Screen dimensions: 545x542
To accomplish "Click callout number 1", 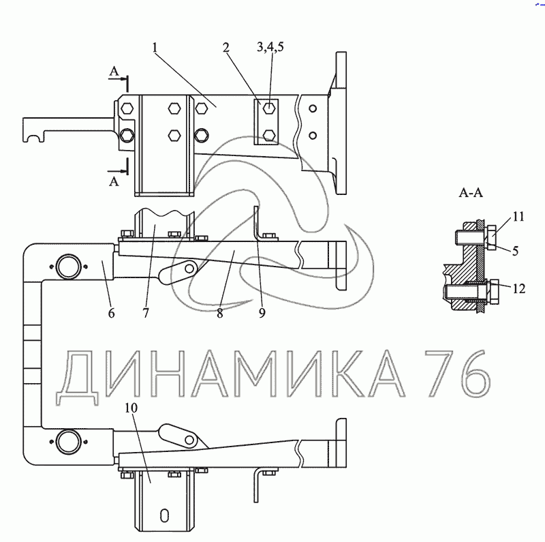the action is click(155, 47).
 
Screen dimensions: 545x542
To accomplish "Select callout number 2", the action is click(226, 47).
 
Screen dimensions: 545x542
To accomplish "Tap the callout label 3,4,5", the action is click(270, 46).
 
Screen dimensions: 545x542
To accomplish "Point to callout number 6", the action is click(111, 313).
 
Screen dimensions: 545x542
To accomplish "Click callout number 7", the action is click(146, 313).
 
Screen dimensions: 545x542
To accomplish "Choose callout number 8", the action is click(219, 314).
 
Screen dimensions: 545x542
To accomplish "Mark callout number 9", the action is click(262, 313).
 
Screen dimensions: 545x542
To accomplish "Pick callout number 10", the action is click(131, 408).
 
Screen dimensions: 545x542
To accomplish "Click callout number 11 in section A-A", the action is click(518, 217).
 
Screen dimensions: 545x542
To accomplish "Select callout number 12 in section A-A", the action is click(519, 289).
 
